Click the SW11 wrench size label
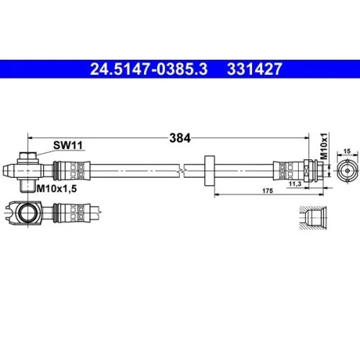[x=68, y=145]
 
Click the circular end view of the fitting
[x=345, y=171]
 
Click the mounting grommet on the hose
[x=210, y=171]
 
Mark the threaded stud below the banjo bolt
[x=26, y=186]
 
